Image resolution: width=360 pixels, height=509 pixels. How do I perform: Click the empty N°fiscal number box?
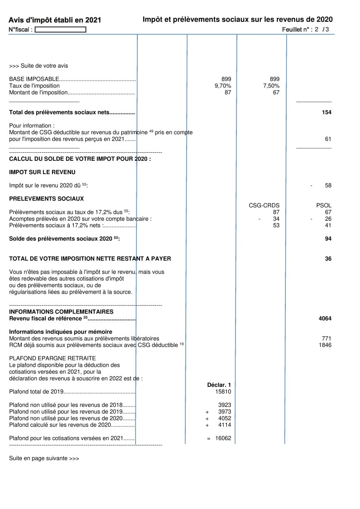60,30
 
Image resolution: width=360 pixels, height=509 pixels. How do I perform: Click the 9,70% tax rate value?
223,86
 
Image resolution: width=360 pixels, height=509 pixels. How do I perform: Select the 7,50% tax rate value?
271,86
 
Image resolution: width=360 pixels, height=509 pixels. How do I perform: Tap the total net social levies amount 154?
327,113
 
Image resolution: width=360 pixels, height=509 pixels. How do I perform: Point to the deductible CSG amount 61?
328,139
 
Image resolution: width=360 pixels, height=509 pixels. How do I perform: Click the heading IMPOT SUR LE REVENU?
42,172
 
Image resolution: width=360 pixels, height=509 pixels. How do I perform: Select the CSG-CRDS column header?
264,205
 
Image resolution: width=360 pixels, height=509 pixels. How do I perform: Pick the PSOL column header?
324,205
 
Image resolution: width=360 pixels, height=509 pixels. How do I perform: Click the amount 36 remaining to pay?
328,258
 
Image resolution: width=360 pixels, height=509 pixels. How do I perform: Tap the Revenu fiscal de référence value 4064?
325,318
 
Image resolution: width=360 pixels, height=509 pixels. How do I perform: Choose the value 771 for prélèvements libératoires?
326,338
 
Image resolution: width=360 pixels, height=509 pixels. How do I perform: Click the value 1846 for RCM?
325,345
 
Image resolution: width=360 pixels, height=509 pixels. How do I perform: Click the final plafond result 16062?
223,438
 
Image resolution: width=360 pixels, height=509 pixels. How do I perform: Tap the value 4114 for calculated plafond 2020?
224,425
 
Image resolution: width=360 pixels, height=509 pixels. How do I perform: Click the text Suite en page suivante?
44,458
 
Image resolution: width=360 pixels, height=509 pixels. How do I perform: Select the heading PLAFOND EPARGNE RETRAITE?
52,358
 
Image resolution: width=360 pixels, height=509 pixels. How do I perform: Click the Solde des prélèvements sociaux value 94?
328,239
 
